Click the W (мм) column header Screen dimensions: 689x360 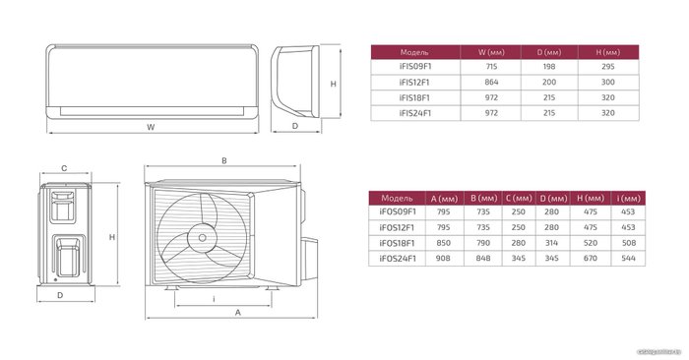pyautogui.click(x=491, y=52)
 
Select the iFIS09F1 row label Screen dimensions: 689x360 pyautogui.click(x=415, y=67)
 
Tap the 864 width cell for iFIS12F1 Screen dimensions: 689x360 pyautogui.click(x=491, y=82)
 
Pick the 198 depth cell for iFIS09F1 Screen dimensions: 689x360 pyautogui.click(x=549, y=67)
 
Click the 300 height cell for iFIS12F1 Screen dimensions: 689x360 pyautogui.click(x=607, y=82)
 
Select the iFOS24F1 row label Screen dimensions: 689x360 pyautogui.click(x=398, y=259)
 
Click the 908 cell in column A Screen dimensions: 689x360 pyautogui.click(x=443, y=259)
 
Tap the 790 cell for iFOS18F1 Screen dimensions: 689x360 pyautogui.click(x=483, y=243)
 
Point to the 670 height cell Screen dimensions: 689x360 pyautogui.click(x=591, y=259)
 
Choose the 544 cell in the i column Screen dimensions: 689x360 pyautogui.click(x=628, y=259)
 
